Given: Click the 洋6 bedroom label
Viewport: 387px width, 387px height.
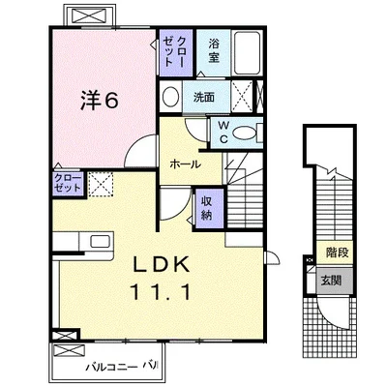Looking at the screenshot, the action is [x=100, y=101].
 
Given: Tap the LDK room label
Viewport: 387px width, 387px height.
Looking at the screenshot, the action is [x=162, y=265].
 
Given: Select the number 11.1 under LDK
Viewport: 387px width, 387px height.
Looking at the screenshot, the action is [x=161, y=293].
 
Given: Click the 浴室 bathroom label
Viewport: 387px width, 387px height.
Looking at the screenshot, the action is [x=214, y=50].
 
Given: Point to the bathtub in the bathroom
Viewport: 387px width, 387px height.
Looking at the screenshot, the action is [x=247, y=53].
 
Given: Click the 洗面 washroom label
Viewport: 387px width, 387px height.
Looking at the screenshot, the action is [x=204, y=97].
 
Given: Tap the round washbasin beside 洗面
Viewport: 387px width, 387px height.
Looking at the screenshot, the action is [x=170, y=97].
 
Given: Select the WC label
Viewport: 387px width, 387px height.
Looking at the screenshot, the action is [x=223, y=132].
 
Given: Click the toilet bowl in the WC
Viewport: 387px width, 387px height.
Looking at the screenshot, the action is [x=245, y=133].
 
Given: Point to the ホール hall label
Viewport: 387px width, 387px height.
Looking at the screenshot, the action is [x=185, y=164].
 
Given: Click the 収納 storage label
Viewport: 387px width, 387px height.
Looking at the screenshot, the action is [x=206, y=208].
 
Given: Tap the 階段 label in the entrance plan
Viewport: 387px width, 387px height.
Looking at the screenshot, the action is [x=338, y=253].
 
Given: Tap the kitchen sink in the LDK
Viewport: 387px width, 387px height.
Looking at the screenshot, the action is [x=100, y=242].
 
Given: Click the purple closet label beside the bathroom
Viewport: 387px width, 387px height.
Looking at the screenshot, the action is [x=174, y=52].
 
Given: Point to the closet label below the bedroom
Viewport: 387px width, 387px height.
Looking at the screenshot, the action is [x=68, y=183].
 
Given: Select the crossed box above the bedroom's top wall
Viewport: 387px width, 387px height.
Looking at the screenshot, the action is [x=89, y=15].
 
